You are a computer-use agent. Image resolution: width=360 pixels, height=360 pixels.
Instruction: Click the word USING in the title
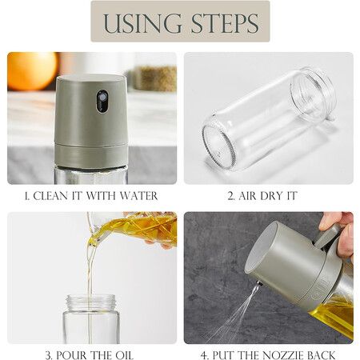pos(142,23)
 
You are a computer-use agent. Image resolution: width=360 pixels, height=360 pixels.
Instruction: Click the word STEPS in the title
pos(225,23)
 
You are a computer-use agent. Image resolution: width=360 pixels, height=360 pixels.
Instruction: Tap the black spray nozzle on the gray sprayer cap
pos(102,101)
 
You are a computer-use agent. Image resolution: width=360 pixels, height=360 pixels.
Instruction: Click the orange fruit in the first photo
pos(33,71)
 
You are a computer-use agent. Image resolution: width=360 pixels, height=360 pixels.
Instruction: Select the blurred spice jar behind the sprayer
pos(155,78)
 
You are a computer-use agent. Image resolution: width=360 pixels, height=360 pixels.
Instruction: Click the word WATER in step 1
pos(138,196)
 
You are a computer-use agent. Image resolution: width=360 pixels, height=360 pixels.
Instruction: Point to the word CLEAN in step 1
pos(50,196)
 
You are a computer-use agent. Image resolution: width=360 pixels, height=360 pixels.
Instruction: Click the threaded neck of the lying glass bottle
pos(314,94)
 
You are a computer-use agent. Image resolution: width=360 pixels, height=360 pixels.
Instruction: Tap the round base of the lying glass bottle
pos(218,146)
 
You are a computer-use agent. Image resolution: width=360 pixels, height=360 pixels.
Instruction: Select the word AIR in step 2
pos(247,196)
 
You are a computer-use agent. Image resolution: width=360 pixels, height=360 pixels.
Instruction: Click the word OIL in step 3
pos(123,355)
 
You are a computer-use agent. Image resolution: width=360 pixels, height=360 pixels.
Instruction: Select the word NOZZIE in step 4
pos(283,355)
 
